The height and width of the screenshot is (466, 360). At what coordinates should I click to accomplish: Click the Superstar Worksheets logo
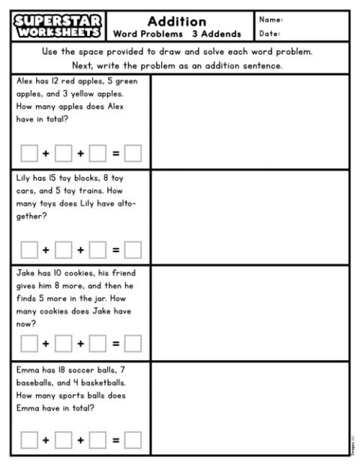(x=58, y=26)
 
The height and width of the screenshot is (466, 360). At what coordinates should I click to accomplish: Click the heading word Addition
(x=176, y=20)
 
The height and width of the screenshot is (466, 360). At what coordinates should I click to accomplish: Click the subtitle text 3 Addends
(x=216, y=34)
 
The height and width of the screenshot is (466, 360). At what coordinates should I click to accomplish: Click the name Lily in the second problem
(x=23, y=178)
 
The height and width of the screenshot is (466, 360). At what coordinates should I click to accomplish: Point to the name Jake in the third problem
(x=25, y=272)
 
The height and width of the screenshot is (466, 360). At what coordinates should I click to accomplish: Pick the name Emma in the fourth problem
(x=26, y=369)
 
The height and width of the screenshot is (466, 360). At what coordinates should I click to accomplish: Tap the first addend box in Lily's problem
(x=28, y=248)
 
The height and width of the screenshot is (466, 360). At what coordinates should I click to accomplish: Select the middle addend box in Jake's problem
(x=63, y=344)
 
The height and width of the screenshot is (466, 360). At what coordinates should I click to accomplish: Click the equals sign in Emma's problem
(x=115, y=440)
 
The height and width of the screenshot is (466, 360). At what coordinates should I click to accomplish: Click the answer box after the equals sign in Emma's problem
(x=133, y=440)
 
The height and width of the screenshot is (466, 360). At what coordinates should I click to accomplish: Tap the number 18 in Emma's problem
(x=61, y=369)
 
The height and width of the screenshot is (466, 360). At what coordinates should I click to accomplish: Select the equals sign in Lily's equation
(x=115, y=248)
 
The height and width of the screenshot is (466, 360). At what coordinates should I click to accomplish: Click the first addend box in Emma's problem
(x=28, y=440)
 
